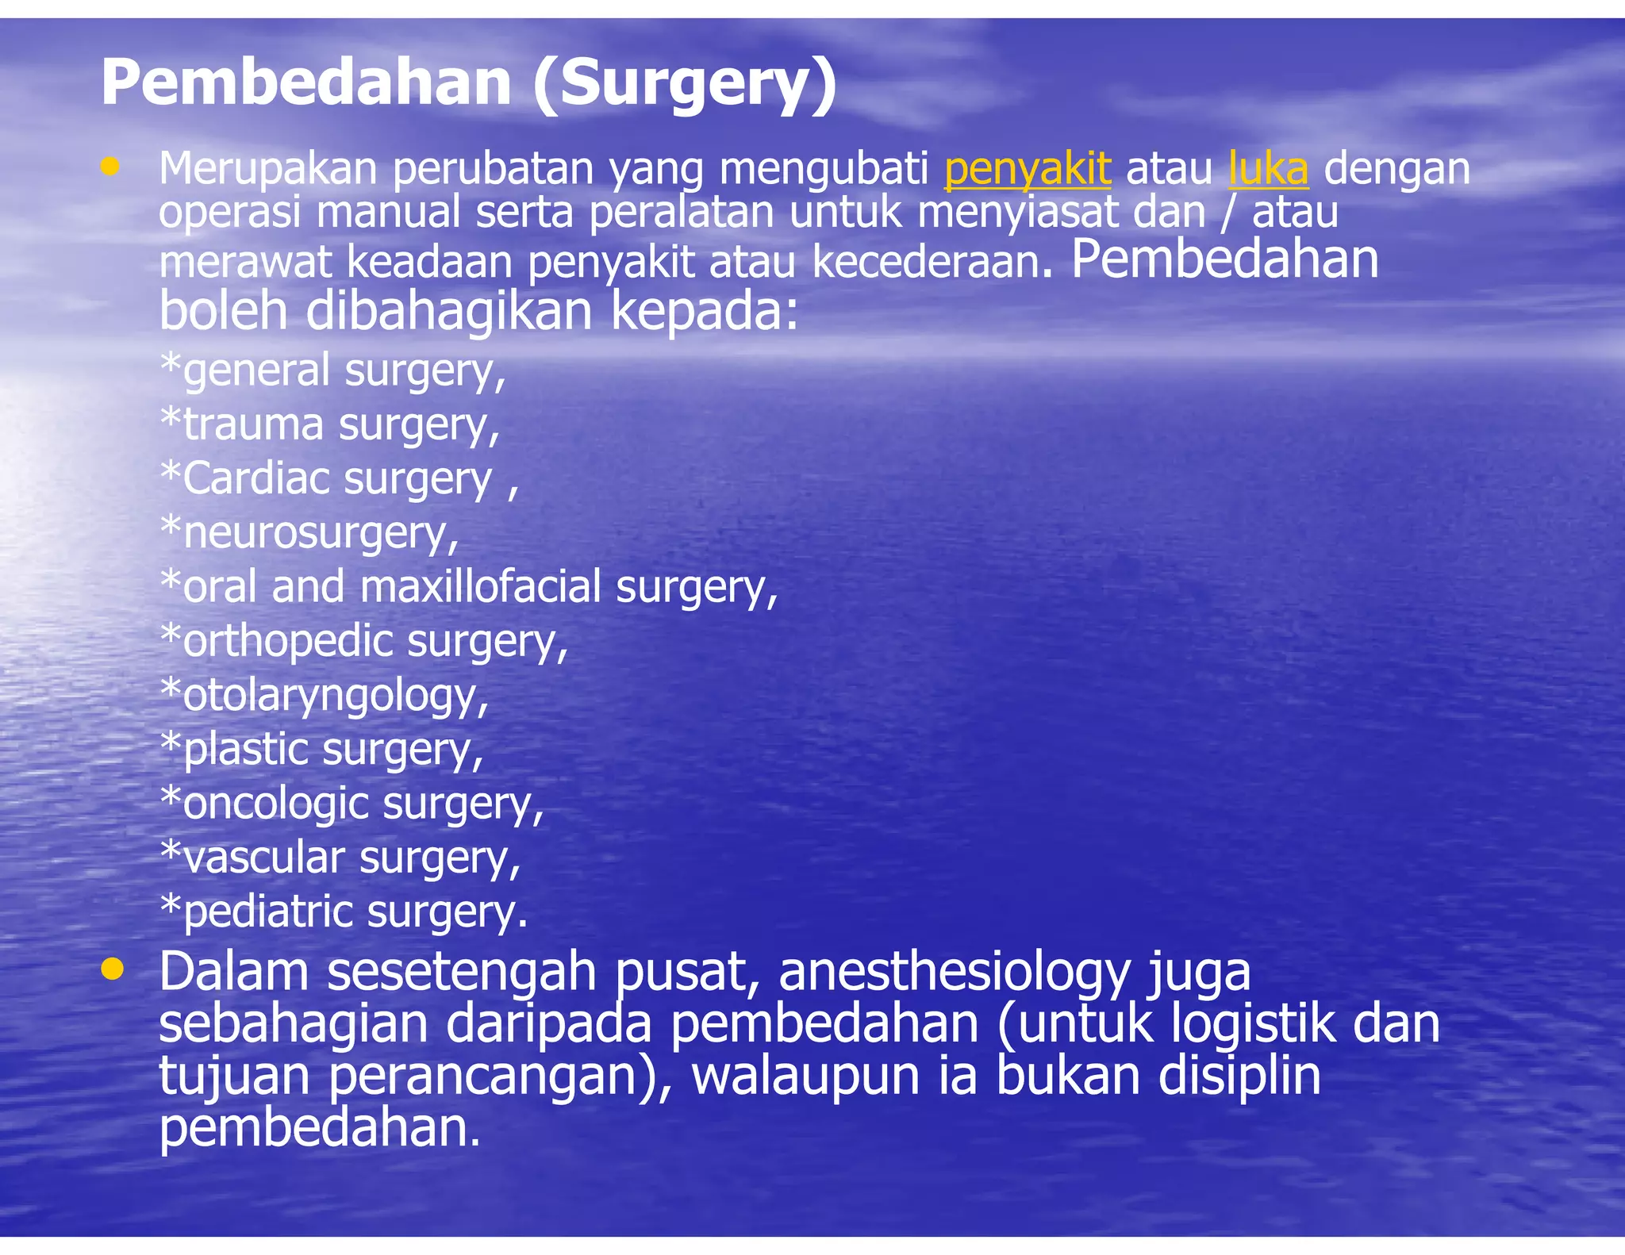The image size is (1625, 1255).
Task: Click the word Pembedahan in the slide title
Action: [305, 83]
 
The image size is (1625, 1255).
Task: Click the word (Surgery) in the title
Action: [684, 83]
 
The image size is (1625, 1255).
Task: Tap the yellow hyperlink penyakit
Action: [1027, 169]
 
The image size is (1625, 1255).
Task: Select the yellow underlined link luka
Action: [1268, 169]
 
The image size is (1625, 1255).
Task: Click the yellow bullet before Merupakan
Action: [110, 166]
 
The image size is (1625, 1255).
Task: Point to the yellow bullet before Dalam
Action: [113, 969]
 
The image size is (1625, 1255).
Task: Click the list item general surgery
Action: [333, 371]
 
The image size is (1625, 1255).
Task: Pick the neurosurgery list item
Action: [310, 533]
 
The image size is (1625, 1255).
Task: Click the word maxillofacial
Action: [480, 587]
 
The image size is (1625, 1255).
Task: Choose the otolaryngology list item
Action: [325, 696]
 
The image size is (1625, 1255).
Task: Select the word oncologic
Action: [275, 804]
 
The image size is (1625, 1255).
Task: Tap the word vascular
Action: [264, 858]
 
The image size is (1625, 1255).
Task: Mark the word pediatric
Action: [267, 912]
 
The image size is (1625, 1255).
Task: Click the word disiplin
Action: [1239, 1076]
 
